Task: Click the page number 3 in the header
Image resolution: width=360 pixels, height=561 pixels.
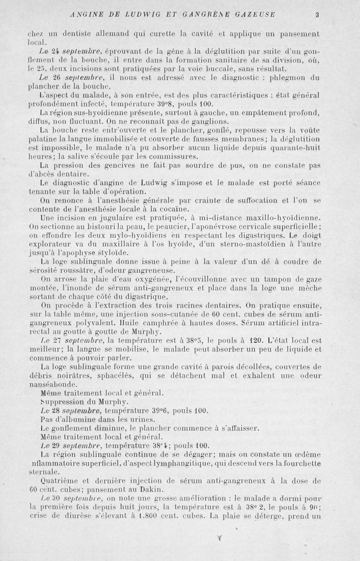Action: (317, 14)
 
